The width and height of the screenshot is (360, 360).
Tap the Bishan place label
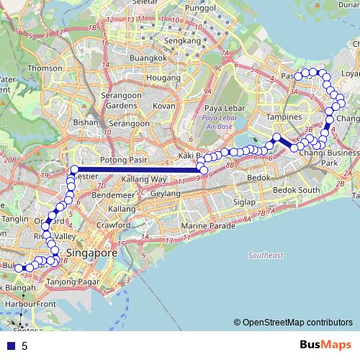85,122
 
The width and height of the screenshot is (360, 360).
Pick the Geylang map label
166,194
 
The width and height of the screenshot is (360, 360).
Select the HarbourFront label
25,304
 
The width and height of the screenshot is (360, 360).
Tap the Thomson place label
40,68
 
